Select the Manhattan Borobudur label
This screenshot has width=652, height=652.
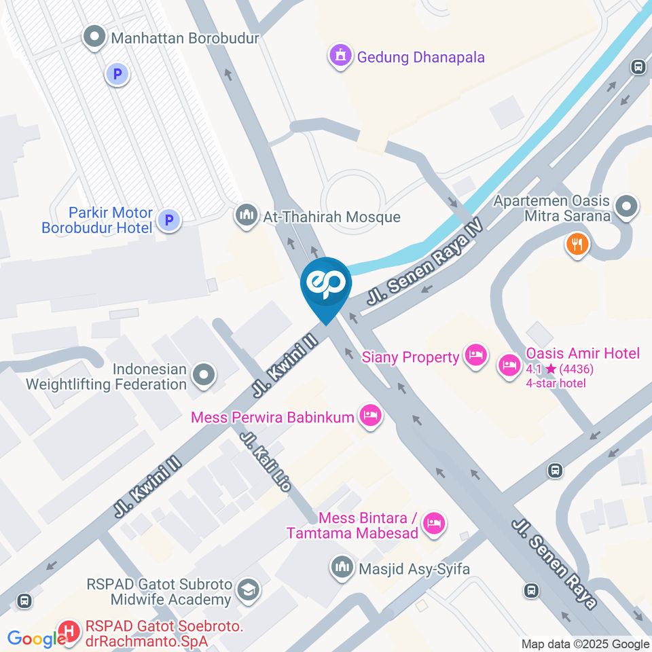point(185,38)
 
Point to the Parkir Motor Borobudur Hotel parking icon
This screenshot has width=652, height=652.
point(169,220)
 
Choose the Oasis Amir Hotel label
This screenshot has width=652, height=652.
point(583,354)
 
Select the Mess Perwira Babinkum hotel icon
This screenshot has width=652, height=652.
point(370,416)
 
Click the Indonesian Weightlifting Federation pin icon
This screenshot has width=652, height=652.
point(203,374)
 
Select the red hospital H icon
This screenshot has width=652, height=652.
point(69,632)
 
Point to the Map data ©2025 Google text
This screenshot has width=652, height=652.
point(585,644)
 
